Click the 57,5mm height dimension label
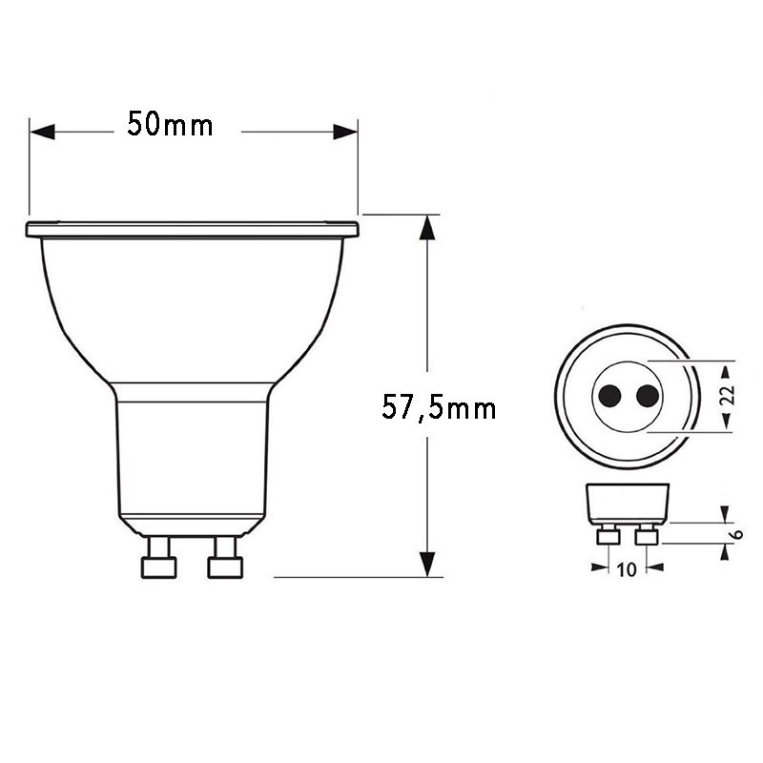point(439,408)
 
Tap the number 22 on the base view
point(727,396)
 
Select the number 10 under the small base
point(627,570)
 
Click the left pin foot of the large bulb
point(158,567)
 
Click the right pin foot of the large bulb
point(225,567)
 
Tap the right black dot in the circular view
point(647,395)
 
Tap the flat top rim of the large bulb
point(192,229)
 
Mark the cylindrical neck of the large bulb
point(192,448)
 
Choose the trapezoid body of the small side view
point(626,503)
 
